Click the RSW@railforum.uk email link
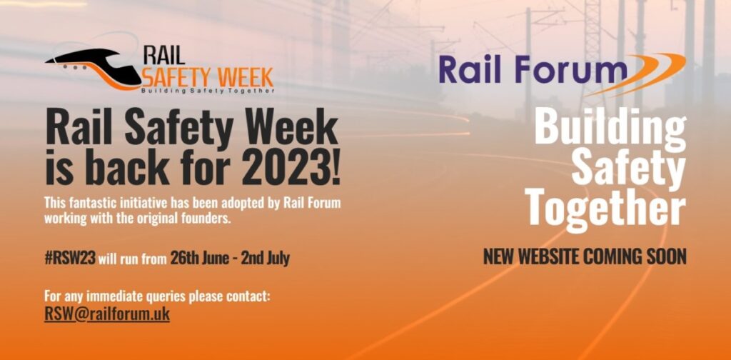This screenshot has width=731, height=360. point(107,314)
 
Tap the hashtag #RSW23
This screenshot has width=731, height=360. point(70,258)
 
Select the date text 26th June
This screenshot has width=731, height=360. point(199,258)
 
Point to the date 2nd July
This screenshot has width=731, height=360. point(265,258)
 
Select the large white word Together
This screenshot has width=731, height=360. point(605,209)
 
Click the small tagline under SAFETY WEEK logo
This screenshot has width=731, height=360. point(208,91)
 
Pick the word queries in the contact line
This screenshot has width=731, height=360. point(151,296)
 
